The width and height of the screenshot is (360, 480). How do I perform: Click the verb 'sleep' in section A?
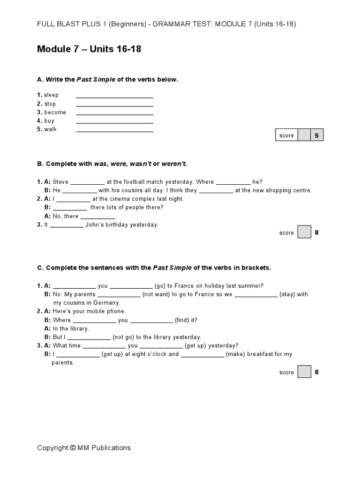[51, 95]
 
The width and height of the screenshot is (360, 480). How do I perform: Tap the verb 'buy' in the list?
[49, 121]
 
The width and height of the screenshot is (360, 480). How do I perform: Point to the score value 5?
[317, 135]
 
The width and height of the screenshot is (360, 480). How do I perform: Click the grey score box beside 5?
[304, 135]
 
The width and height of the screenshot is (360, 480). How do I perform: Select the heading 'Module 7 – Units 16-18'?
[89, 49]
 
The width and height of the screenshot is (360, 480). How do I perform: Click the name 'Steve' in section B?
[60, 182]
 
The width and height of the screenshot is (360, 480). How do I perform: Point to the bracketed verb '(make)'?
[234, 354]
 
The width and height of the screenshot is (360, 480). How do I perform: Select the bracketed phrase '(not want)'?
[157, 294]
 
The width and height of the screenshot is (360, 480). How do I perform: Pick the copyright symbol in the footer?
[73, 448]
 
